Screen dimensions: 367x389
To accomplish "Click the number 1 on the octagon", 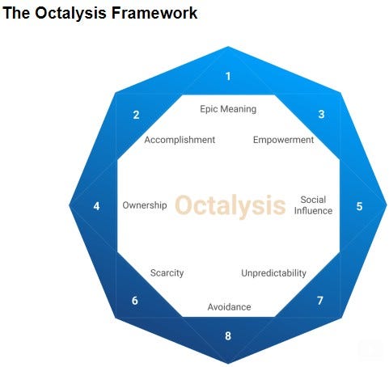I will click(x=228, y=77).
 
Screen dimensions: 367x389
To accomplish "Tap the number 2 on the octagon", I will click(x=136, y=115).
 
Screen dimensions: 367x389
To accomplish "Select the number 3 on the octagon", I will click(x=321, y=115).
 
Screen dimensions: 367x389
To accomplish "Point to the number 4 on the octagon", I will click(x=96, y=206).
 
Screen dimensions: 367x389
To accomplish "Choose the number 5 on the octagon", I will click(x=359, y=206).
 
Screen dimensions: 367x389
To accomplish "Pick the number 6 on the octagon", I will click(x=135, y=301).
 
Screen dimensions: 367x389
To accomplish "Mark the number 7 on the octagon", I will click(x=320, y=301).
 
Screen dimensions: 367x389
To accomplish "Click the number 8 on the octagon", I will click(x=228, y=336).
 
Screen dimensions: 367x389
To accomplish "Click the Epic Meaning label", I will click(x=228, y=109).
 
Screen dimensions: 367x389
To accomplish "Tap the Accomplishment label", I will click(x=180, y=140).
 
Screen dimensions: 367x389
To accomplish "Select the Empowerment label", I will click(x=283, y=140).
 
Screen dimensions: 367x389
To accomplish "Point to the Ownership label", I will click(x=144, y=205).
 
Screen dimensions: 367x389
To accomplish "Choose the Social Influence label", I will click(x=313, y=205).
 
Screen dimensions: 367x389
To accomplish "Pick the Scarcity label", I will click(x=167, y=273).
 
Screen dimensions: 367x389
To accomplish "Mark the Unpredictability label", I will click(x=273, y=273).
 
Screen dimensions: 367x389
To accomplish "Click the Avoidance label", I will click(x=229, y=307).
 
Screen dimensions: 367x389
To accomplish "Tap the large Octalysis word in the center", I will click(x=230, y=205).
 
